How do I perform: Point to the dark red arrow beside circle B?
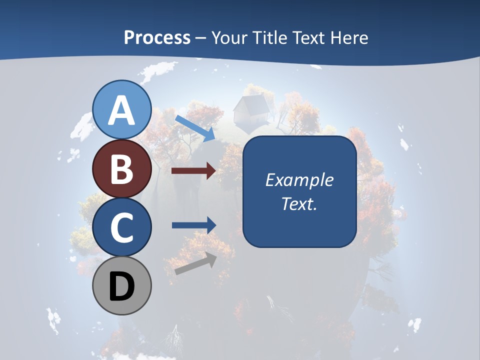[193, 171]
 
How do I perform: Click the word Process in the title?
[157, 38]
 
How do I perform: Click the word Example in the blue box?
[299, 180]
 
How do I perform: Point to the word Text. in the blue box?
[299, 203]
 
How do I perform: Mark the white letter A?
[122, 110]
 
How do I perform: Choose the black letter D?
[122, 287]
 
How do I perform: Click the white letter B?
[122, 169]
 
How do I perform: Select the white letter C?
[122, 228]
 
